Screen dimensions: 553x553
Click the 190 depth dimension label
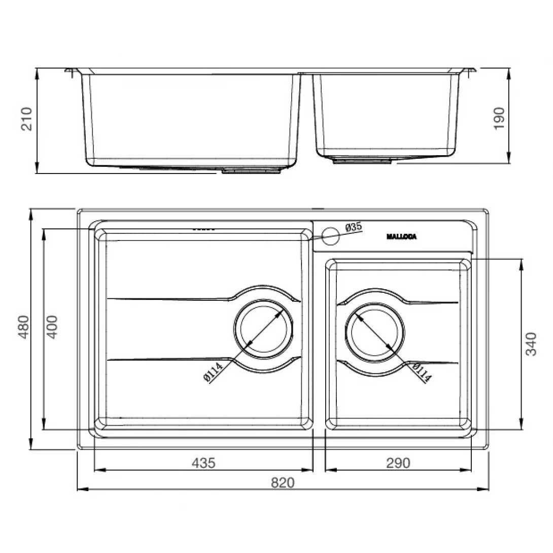point(499,118)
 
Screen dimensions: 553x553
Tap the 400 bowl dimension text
point(52,328)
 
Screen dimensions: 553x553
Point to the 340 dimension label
point(531,343)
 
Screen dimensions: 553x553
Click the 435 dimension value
point(203,463)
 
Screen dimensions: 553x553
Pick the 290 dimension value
point(398,463)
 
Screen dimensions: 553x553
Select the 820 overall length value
point(282,482)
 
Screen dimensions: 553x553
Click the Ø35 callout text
point(353,227)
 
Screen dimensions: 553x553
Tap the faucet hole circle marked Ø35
point(331,234)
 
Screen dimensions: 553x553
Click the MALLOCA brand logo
point(401,236)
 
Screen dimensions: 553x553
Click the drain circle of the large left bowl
point(263,329)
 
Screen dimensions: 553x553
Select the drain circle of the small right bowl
point(375,332)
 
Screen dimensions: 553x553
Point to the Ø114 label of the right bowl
point(422,373)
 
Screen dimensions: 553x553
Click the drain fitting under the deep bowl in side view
point(252,171)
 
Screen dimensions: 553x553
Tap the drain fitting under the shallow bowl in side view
point(362,161)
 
